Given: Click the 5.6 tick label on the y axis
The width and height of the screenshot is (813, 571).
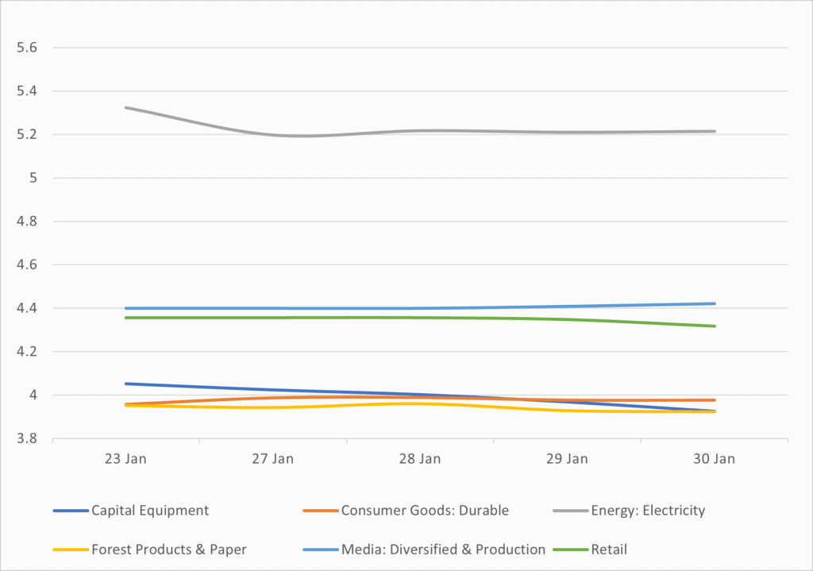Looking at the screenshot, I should coord(28,48).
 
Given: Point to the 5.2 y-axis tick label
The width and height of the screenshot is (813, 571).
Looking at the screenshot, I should coord(28,134).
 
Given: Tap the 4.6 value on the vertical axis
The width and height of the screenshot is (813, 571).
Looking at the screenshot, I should coord(28,264).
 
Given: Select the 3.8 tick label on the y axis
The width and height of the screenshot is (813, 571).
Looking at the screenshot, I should coord(28,438).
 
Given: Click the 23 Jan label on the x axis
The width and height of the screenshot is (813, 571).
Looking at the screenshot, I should coord(125,459).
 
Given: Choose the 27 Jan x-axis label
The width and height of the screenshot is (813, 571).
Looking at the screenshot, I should coord(272,459).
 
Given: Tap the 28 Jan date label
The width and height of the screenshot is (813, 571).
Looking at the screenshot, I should coord(419,459).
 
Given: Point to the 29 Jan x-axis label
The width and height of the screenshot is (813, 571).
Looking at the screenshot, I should coord(567,459).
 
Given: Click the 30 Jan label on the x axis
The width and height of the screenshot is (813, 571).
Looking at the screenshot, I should coord(714,459).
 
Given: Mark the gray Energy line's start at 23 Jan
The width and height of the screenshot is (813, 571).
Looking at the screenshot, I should coord(125,107).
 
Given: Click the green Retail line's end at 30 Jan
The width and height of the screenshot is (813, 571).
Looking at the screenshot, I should coord(715,326).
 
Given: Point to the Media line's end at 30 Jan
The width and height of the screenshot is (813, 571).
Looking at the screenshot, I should coord(715,303).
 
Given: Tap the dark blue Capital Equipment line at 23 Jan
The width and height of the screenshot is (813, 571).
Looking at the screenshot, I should coord(125,384).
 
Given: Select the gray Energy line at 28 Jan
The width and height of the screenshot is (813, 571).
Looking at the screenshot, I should coord(419,130).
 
